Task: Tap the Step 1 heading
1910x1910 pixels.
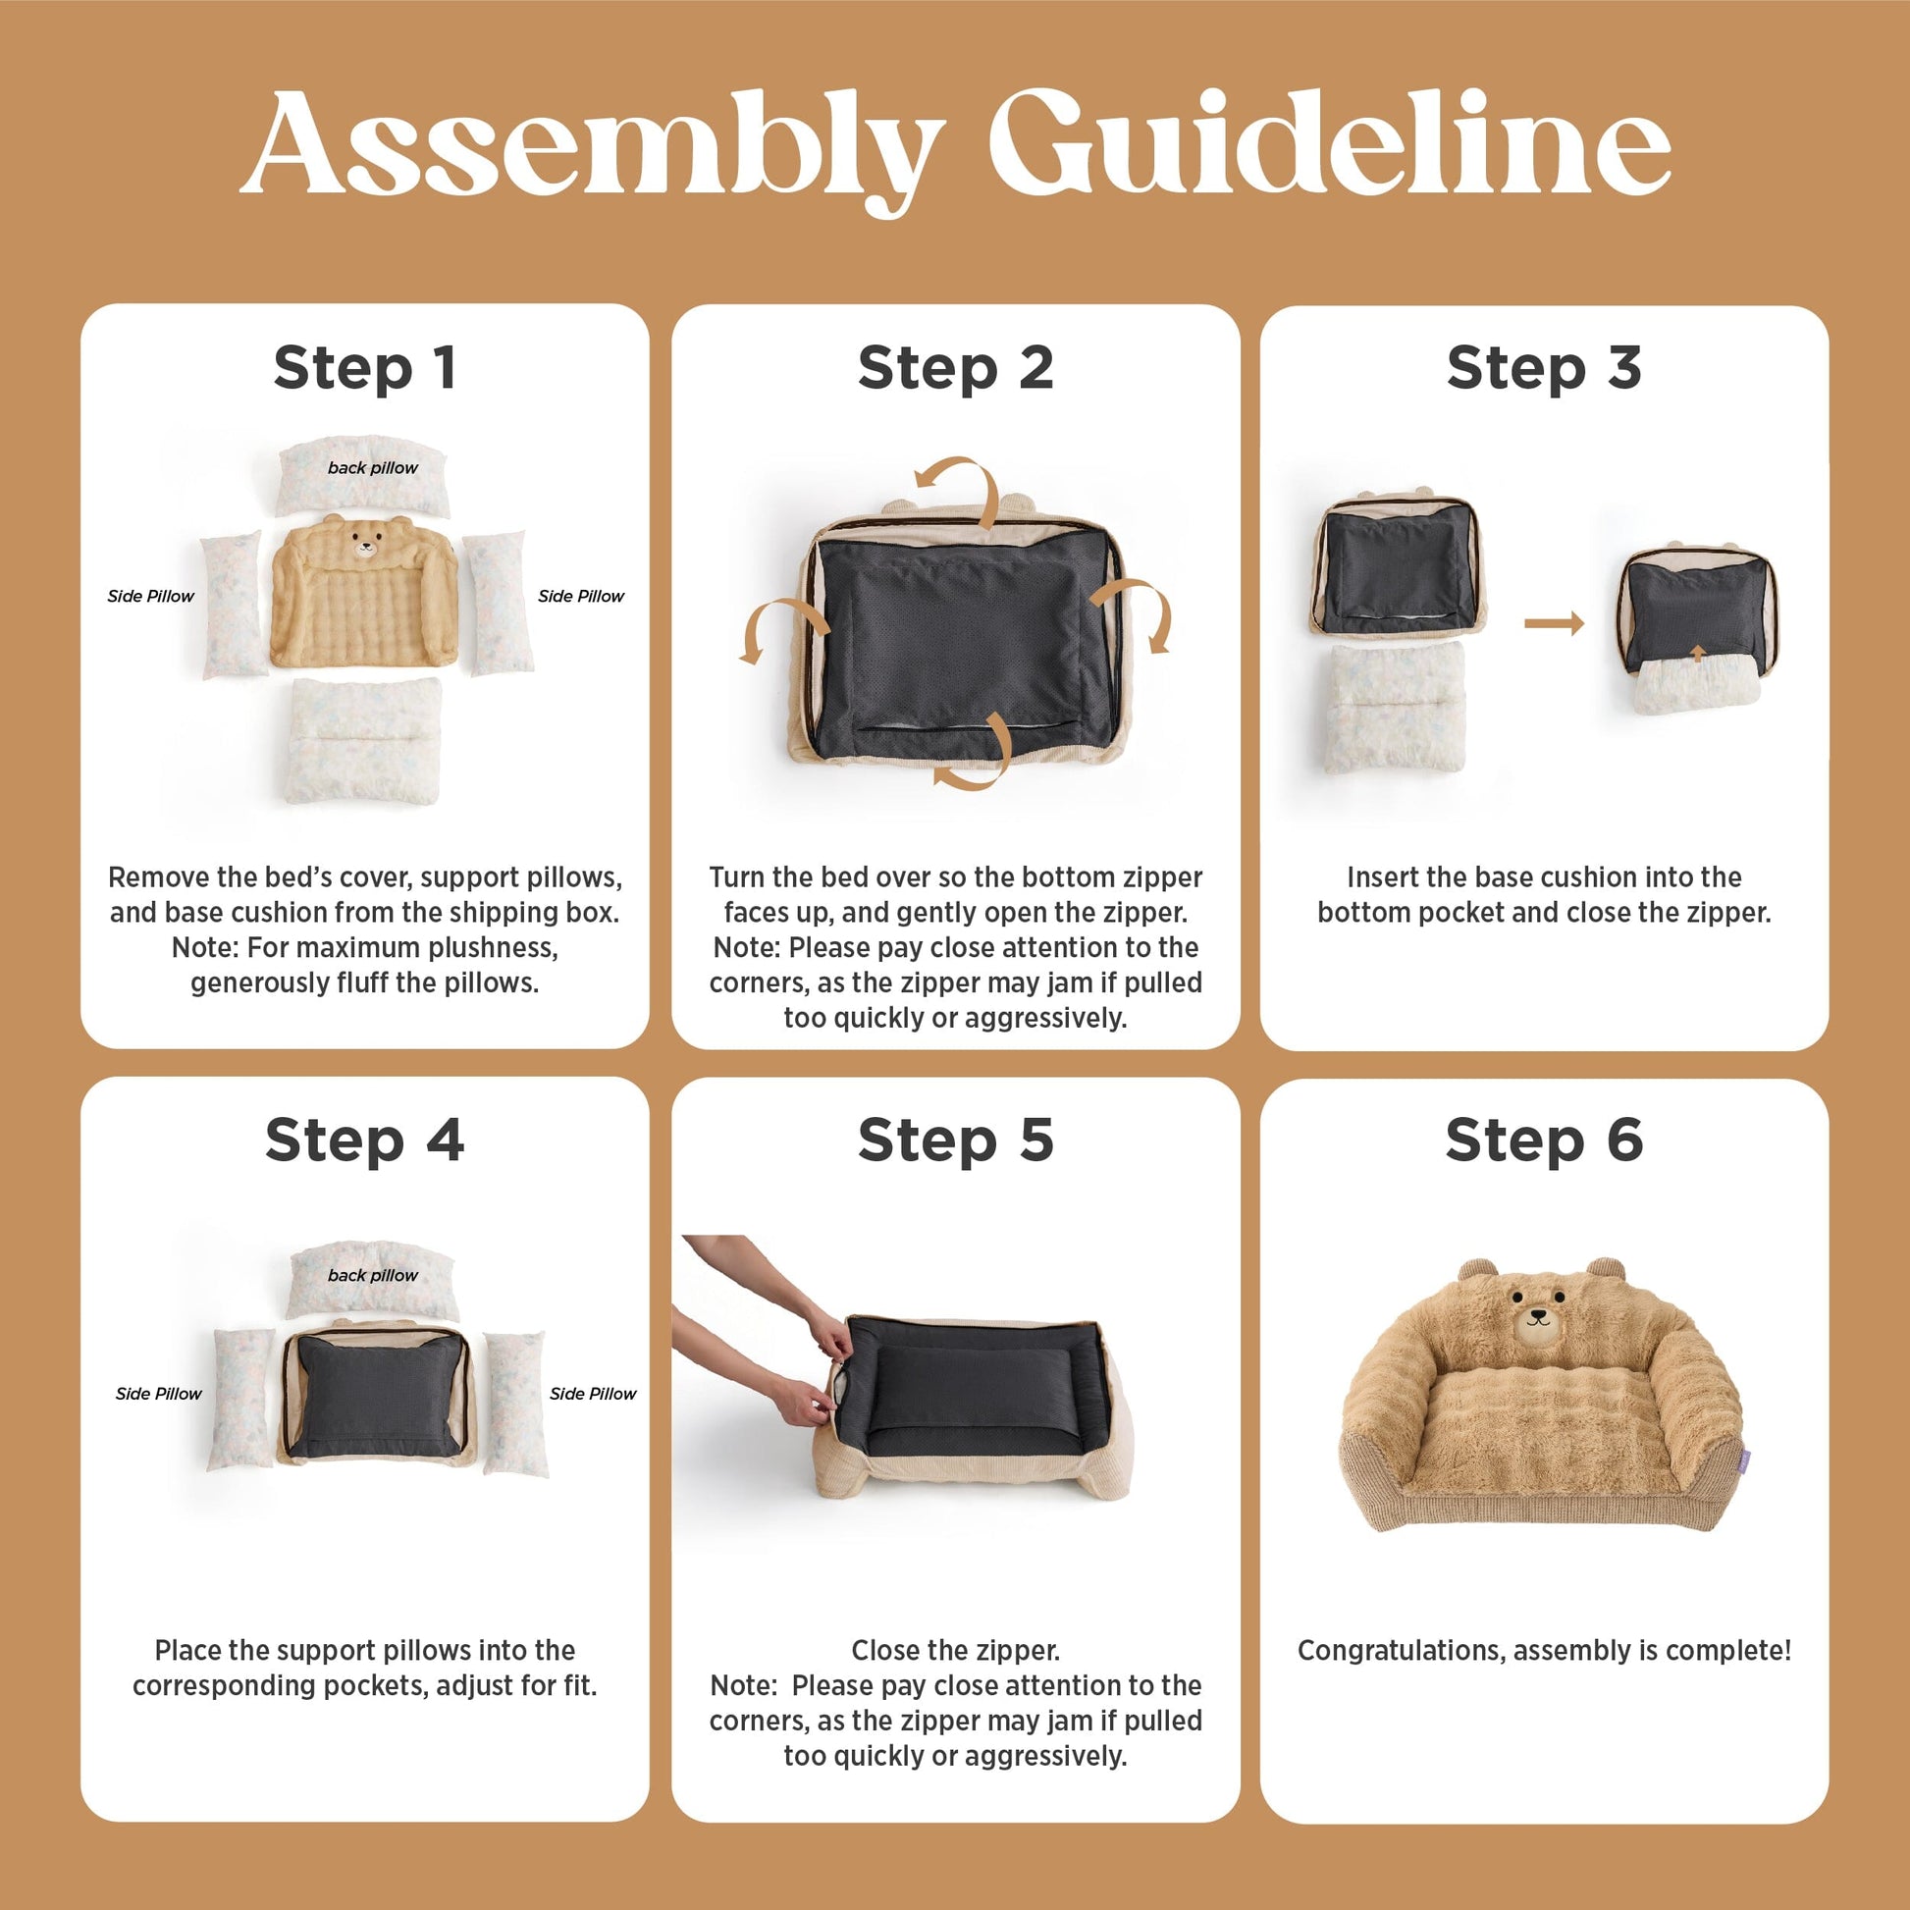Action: click(365, 368)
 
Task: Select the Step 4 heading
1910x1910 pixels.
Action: click(365, 1140)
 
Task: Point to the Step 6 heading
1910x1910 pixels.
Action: click(1544, 1140)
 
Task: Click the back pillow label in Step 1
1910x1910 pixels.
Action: click(373, 467)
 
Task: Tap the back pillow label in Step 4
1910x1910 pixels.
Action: click(373, 1275)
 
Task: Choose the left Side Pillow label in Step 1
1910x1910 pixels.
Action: click(150, 596)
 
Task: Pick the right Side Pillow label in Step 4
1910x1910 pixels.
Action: click(593, 1394)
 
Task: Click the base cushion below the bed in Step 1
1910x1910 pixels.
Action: click(363, 740)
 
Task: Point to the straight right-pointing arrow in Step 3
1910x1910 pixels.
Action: click(1554, 623)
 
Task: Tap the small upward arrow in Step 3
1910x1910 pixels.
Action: click(1697, 653)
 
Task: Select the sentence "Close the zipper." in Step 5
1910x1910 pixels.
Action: click(955, 1650)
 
